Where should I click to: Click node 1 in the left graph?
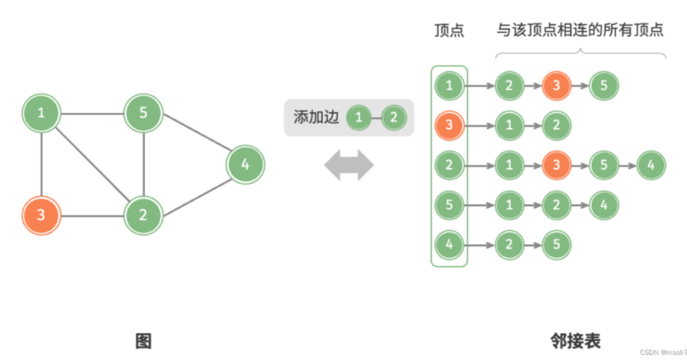pyautogui.click(x=41, y=114)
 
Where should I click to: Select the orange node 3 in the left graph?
pyautogui.click(x=41, y=215)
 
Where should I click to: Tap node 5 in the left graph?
pyautogui.click(x=143, y=114)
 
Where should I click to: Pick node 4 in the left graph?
pyautogui.click(x=246, y=164)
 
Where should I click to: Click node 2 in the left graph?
pyautogui.click(x=143, y=215)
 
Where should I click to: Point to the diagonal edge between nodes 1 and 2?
pyautogui.click(x=92, y=164)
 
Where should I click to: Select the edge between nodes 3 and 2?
pyautogui.click(x=92, y=215)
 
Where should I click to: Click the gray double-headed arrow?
pyautogui.click(x=349, y=166)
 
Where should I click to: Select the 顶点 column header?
pyautogui.click(x=449, y=30)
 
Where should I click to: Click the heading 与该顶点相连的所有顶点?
pyautogui.click(x=580, y=30)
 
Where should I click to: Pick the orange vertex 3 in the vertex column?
pyautogui.click(x=449, y=126)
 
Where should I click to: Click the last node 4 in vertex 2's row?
pyautogui.click(x=651, y=165)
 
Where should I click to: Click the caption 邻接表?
pyautogui.click(x=575, y=340)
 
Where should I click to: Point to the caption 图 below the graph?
pyautogui.click(x=143, y=340)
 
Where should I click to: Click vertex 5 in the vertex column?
pyautogui.click(x=449, y=205)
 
